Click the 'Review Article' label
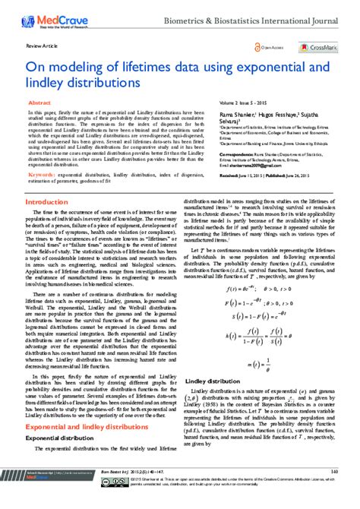(40, 46)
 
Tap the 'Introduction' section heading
(47, 203)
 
